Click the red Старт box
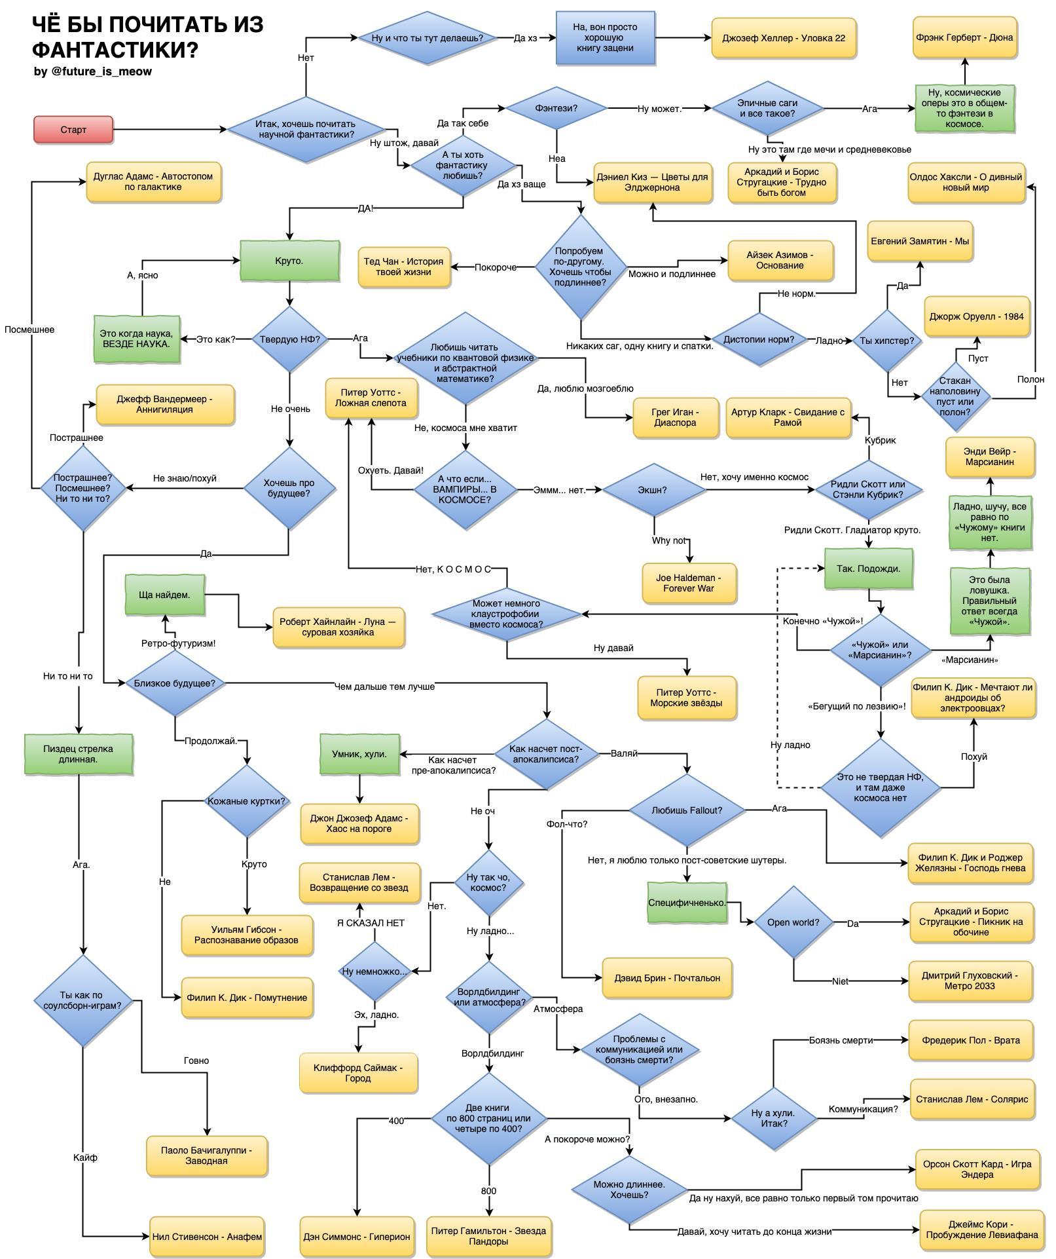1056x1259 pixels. [x=73, y=130]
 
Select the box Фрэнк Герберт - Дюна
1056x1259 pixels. [x=964, y=38]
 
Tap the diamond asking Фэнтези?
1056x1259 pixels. [x=556, y=107]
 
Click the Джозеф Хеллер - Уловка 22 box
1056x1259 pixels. [x=784, y=38]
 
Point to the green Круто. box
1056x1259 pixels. [x=289, y=261]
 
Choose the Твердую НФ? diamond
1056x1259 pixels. [x=289, y=339]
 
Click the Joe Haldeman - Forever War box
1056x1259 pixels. [x=689, y=583]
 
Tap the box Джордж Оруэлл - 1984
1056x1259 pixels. [x=976, y=316]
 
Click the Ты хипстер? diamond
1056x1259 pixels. [x=887, y=341]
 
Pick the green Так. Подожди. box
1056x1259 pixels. [x=868, y=569]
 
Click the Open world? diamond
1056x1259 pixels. [x=793, y=922]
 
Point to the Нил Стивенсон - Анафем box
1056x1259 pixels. [x=207, y=1237]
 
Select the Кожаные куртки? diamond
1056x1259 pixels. [x=247, y=801]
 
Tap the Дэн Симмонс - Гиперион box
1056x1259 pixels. [x=357, y=1237]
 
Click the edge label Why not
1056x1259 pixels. [x=668, y=540]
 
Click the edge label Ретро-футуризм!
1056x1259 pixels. [x=178, y=643]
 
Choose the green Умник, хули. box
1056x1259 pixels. [x=359, y=754]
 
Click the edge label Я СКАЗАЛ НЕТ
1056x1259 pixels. [x=371, y=923]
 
